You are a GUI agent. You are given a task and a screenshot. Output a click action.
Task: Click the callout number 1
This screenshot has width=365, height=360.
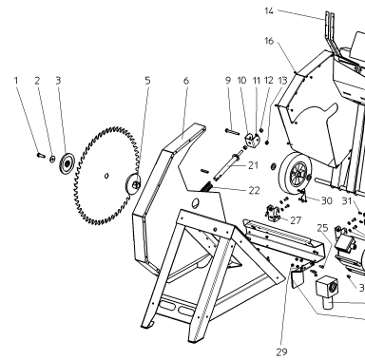click(x=16, y=81)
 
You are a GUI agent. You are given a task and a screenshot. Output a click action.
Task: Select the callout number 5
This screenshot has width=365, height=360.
click(x=147, y=81)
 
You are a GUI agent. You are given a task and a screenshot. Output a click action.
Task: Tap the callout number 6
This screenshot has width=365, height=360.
click(x=186, y=81)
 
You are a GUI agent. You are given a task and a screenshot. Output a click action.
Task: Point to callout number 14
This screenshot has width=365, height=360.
click(x=269, y=11)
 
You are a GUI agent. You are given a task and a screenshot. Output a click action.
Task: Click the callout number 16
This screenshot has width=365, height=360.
click(x=269, y=41)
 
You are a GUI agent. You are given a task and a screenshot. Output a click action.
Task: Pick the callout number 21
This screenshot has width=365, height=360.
click(x=253, y=165)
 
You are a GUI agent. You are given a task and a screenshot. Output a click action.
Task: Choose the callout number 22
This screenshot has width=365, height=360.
click(x=254, y=190)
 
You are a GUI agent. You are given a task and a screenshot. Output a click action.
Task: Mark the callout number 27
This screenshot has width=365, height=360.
click(x=296, y=220)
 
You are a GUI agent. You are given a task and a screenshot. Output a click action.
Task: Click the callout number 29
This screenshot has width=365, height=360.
click(x=281, y=351)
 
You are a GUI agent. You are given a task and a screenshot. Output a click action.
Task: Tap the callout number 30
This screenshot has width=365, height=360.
click(x=327, y=200)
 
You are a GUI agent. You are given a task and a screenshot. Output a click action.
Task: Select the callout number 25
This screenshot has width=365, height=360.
click(x=322, y=228)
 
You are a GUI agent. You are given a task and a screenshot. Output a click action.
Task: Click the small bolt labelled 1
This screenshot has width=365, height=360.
click(x=41, y=155)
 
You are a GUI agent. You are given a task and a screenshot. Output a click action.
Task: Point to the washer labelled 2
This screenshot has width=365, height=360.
click(x=52, y=159)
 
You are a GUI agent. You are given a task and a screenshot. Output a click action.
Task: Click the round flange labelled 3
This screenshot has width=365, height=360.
click(x=67, y=163)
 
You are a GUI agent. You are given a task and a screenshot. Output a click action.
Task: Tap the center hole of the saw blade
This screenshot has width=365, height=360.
click(x=106, y=176)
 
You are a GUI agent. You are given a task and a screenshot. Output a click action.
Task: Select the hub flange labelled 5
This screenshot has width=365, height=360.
click(x=133, y=183)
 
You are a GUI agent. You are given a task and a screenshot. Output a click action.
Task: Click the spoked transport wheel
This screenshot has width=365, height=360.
click(x=295, y=173)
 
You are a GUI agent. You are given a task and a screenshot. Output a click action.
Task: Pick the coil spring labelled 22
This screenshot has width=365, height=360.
click(x=205, y=187)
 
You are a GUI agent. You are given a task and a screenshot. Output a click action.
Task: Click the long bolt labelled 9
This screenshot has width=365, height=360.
click(x=232, y=131)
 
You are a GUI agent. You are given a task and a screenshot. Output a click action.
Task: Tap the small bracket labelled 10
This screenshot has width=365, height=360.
click(x=252, y=141)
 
